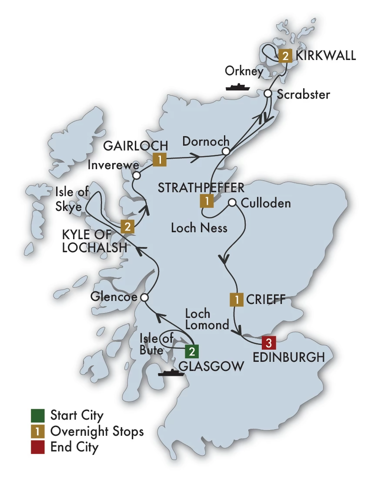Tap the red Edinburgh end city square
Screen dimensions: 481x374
point(269,343)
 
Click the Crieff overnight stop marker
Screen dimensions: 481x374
point(236,300)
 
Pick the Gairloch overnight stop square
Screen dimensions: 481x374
point(160,160)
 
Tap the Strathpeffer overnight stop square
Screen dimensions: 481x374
point(207,200)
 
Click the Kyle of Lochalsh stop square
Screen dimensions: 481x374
point(127,226)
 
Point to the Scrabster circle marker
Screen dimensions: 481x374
point(268,94)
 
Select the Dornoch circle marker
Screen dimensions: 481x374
point(225,151)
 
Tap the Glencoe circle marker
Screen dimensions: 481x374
point(145,297)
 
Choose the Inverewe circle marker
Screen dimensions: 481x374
point(137,176)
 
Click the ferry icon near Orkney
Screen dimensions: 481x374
point(237,87)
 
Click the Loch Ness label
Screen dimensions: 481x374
point(199,227)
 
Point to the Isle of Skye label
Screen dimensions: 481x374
point(68,199)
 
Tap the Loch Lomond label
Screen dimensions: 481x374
point(207,319)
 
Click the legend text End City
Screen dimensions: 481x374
point(74,447)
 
